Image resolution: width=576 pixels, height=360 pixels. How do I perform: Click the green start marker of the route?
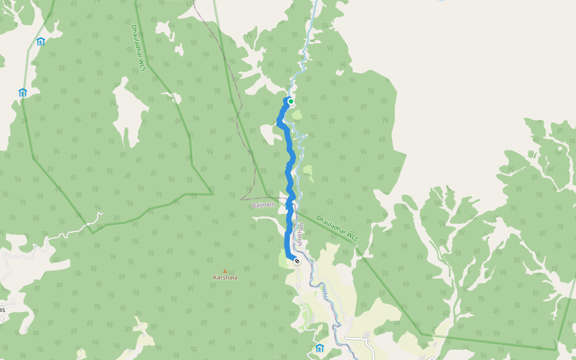(291, 101)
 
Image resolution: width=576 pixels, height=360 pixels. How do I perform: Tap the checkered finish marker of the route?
(296, 261)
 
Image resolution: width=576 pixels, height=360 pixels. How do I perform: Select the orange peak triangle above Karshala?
(225, 271)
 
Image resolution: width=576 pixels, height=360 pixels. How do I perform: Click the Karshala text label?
(225, 278)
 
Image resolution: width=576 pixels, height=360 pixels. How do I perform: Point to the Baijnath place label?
(263, 205)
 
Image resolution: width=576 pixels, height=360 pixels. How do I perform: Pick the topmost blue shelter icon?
(41, 41)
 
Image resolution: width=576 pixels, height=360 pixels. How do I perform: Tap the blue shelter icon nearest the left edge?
(23, 92)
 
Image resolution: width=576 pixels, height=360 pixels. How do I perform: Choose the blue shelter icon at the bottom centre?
(319, 349)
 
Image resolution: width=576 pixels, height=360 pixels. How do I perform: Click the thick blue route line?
(290, 174)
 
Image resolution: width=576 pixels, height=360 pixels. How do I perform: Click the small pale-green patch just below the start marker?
(296, 114)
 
